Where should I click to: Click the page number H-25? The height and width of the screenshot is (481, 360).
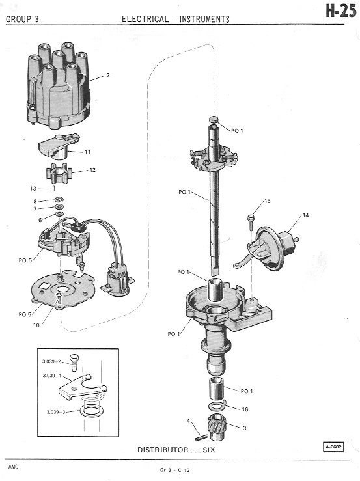[x=340, y=11]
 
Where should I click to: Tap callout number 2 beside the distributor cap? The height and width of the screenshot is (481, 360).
[x=107, y=75]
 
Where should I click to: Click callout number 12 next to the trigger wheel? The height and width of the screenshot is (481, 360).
[x=92, y=170]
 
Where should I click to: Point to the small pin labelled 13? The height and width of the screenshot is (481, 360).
[x=54, y=187]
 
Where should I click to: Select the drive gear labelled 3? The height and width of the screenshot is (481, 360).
[x=217, y=426]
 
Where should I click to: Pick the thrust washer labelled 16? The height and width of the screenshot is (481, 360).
[x=217, y=406]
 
